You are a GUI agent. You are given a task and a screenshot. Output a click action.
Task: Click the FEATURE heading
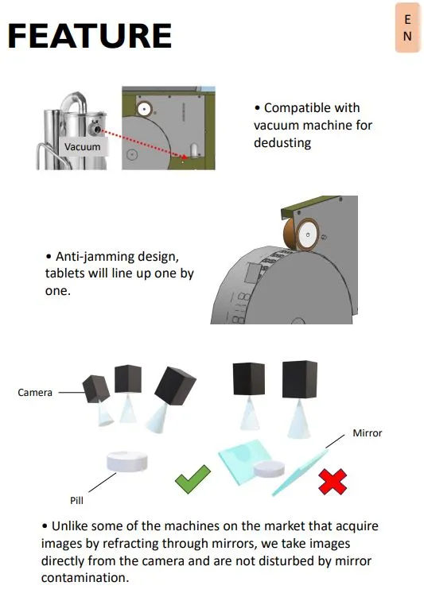[x=90, y=36]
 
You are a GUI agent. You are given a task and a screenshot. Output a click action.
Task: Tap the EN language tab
[x=407, y=27]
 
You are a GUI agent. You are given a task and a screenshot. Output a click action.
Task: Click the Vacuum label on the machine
[x=82, y=146]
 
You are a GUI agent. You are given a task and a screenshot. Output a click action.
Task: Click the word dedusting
[x=282, y=143]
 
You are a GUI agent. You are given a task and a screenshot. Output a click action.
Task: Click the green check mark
[x=193, y=479]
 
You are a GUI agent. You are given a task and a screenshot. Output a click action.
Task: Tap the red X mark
[x=333, y=482]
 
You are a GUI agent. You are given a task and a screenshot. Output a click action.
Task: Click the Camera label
[x=35, y=393]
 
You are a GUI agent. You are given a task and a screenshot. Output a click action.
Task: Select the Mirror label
[x=368, y=433]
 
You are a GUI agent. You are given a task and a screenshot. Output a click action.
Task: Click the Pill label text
[x=76, y=500]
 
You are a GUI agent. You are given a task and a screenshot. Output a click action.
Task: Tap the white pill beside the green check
[x=127, y=462]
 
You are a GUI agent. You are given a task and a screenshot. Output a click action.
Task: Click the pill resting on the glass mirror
[x=269, y=469]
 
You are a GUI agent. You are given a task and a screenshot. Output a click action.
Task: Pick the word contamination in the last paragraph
[x=84, y=578]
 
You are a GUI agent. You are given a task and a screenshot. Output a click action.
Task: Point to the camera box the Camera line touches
[x=95, y=389]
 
